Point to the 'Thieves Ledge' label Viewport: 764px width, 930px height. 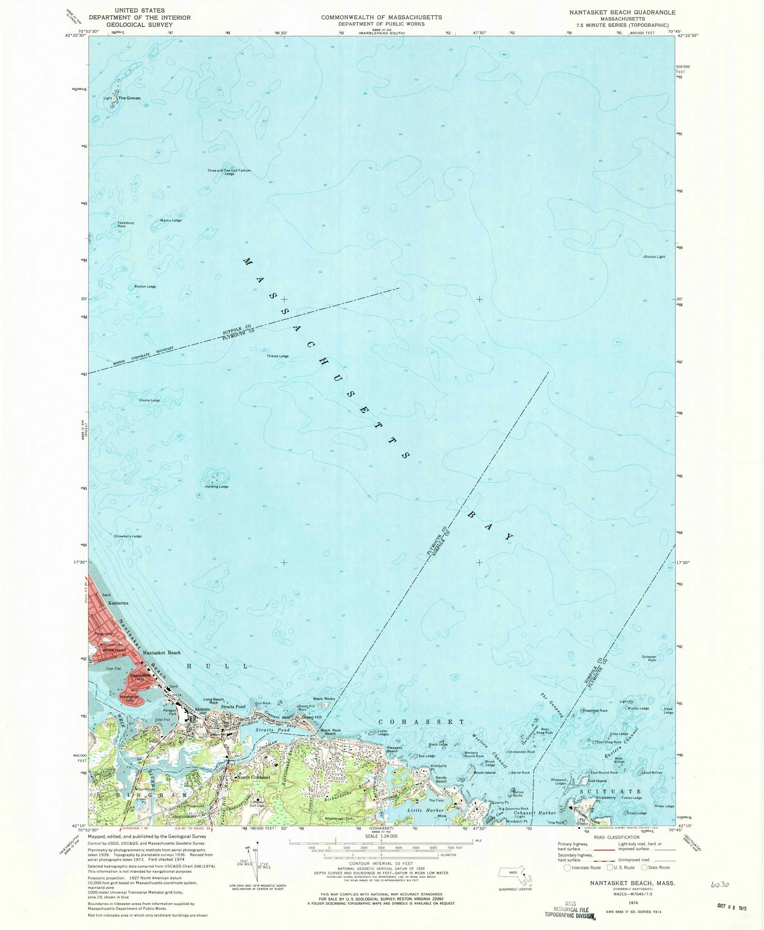pyautogui.click(x=277, y=356)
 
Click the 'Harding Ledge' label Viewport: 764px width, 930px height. pyautogui.click(x=217, y=487)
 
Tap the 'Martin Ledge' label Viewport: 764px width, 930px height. pyautogui.click(x=171, y=220)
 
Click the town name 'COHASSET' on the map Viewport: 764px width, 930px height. pyautogui.click(x=422, y=722)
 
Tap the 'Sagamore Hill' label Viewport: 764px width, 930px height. pyautogui.click(x=137, y=677)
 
